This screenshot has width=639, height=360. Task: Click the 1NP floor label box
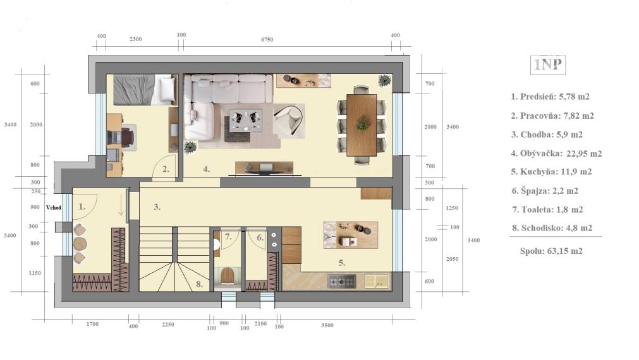coord(548,65)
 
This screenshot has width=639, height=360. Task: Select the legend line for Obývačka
coord(556,153)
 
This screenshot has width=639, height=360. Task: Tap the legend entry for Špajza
coord(545,191)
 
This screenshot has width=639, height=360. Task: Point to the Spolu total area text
coord(551,251)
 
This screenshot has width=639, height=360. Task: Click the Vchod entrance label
coord(53,207)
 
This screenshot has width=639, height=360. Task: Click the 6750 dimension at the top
coord(267,40)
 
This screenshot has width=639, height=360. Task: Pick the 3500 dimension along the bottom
coord(327,325)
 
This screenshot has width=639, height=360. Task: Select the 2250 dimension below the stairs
coord(167,325)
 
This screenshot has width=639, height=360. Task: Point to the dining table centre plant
coord(362,124)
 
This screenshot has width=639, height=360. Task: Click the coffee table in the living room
coord(245,120)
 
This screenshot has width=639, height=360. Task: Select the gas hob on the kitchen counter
coord(342,281)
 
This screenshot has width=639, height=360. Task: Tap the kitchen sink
coord(376,281)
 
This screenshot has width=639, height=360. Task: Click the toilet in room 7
coord(228,276)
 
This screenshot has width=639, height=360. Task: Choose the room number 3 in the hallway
coord(157,207)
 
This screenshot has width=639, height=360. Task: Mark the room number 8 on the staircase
coord(199,284)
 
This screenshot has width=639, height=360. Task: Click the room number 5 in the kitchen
coord(341,263)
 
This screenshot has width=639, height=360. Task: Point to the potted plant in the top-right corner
coord(384,81)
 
